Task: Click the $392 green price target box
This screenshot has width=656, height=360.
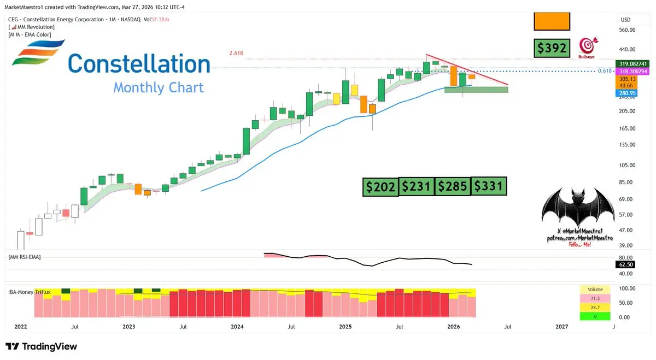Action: pyautogui.click(x=552, y=49)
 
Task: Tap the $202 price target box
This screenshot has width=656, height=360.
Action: pyautogui.click(x=380, y=187)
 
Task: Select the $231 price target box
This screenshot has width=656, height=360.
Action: pyautogui.click(x=417, y=187)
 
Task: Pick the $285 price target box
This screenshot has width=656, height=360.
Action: pyautogui.click(x=453, y=187)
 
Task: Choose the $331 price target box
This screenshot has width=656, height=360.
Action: pyautogui.click(x=489, y=187)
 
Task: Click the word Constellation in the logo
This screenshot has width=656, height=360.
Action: pyautogui.click(x=139, y=64)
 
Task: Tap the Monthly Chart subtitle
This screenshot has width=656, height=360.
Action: pyautogui.click(x=159, y=87)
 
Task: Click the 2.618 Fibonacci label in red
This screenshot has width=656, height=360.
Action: pyautogui.click(x=236, y=54)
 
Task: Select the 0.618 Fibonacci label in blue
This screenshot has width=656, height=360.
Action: pyautogui.click(x=605, y=71)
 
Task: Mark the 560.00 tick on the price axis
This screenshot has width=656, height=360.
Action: pyautogui.click(x=626, y=30)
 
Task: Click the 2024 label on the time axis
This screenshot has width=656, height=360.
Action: pyautogui.click(x=237, y=327)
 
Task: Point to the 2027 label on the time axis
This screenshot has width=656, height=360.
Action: pyautogui.click(x=561, y=327)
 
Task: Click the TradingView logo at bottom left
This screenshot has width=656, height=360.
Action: pyautogui.click(x=42, y=347)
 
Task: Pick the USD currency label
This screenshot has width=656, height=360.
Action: pyautogui.click(x=625, y=20)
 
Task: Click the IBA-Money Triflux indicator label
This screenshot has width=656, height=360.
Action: pyautogui.click(x=29, y=292)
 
